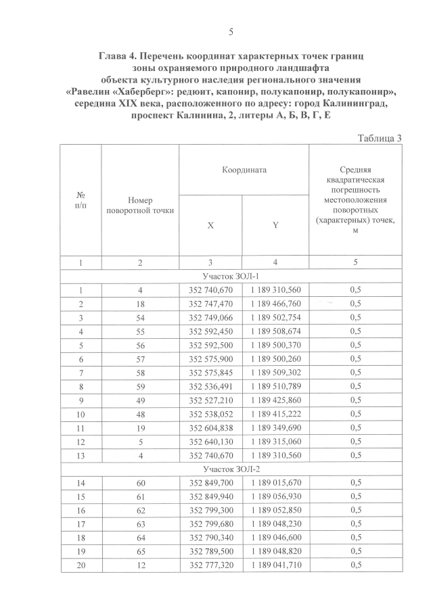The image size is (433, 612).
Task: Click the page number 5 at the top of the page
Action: pos(231,32)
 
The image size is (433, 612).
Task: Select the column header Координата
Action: pos(243,170)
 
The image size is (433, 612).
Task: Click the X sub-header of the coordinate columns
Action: pos(211,225)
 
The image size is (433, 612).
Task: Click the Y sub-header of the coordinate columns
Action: pos(275,225)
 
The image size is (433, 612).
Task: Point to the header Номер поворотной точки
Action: pos(140,206)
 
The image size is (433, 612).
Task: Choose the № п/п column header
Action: pos(80,199)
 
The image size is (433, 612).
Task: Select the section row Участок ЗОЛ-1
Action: pos(231,276)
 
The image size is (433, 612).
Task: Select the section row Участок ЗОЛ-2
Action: pos(231,468)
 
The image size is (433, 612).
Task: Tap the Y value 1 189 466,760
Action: pos(275,304)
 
